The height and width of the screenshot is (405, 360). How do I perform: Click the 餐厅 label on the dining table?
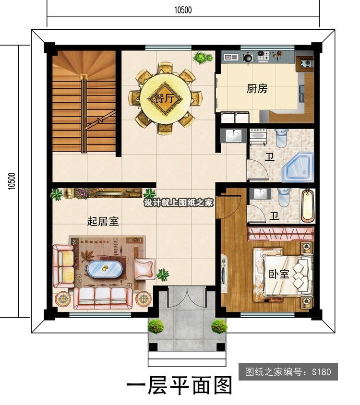point(164,99)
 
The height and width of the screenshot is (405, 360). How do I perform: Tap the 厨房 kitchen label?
point(257,89)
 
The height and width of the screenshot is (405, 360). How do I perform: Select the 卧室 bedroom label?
point(279,274)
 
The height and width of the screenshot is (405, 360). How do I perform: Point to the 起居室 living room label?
point(103,221)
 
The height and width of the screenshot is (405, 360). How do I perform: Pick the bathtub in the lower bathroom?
point(308,206)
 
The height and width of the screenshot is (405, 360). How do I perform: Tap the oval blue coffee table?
point(105,269)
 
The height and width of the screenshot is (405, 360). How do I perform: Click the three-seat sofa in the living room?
point(103,298)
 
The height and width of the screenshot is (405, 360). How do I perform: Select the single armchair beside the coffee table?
point(144,269)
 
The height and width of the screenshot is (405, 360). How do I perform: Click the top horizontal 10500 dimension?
point(183,10)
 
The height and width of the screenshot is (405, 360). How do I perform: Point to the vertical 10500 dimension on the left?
point(12,181)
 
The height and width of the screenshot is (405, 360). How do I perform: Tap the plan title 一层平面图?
point(179,385)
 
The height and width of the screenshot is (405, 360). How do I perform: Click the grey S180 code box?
point(288,372)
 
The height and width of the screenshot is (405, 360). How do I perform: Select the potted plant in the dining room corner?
point(203,57)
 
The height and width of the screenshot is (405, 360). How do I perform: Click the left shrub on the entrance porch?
point(156,326)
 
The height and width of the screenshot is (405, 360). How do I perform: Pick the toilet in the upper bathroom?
point(281,138)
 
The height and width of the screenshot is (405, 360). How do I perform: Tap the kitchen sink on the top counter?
point(231,57)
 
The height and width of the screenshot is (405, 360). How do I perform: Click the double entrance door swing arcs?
point(186,298)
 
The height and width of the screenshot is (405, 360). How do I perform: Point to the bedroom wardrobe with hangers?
point(281,234)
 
